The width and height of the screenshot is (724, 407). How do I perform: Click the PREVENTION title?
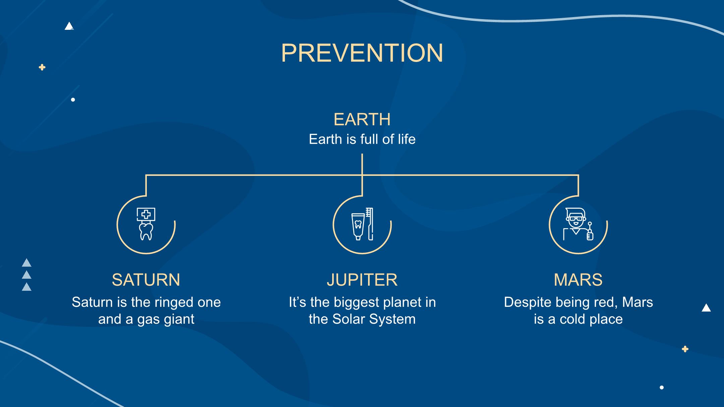coord(362,53)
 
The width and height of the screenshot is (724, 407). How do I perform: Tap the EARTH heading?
coord(362,120)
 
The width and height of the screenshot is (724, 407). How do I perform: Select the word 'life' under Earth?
coord(407,139)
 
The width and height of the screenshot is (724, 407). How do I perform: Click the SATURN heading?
coord(146,280)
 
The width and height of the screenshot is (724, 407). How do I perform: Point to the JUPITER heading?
coord(362,280)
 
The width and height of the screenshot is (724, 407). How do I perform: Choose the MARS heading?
coord(578,280)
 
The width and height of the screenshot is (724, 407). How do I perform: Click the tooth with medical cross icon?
coord(146,224)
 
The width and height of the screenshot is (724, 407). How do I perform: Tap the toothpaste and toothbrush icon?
coord(362,224)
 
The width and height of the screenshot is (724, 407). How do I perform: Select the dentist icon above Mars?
coord(578,224)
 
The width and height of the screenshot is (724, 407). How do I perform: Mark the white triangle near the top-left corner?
coord(69,26)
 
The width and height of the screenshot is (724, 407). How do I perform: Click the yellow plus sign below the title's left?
coord(42,67)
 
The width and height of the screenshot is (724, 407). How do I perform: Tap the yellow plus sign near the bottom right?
coord(685,349)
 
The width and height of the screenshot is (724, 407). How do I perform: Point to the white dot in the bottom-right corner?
coord(662,388)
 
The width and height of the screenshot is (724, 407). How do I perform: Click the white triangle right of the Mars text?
coord(706,308)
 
